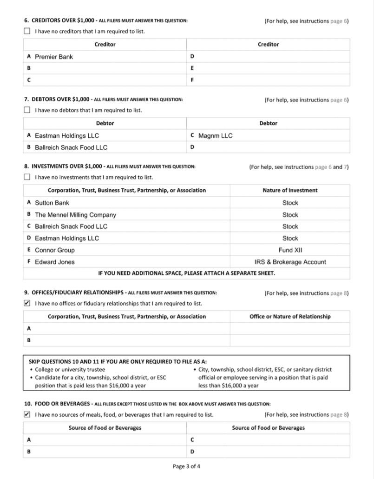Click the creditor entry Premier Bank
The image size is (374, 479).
click(x=54, y=57)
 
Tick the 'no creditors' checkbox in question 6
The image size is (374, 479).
click(x=27, y=32)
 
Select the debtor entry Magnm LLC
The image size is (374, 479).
click(x=215, y=136)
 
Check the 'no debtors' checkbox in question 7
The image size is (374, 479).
click(x=27, y=110)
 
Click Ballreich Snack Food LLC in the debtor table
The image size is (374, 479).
click(x=71, y=147)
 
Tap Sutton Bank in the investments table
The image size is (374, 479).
click(x=52, y=203)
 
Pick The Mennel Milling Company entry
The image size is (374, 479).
click(x=75, y=215)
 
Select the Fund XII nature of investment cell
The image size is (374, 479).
click(x=290, y=250)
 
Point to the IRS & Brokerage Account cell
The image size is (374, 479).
click(x=290, y=262)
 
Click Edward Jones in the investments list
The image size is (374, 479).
click(x=55, y=262)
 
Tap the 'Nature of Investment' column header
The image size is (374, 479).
click(x=290, y=190)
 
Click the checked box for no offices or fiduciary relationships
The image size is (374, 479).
click(x=27, y=304)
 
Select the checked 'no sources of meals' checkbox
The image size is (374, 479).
click(x=27, y=415)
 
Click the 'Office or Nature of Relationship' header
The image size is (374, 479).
click(x=290, y=317)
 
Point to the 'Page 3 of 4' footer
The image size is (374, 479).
click(x=187, y=466)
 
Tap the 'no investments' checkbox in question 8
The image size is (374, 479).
click(x=27, y=177)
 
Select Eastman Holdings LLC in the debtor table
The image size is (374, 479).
click(x=67, y=136)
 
